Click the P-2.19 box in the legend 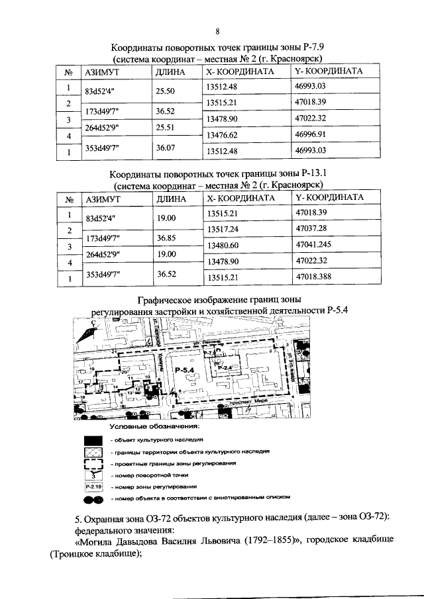[x=93, y=486]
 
